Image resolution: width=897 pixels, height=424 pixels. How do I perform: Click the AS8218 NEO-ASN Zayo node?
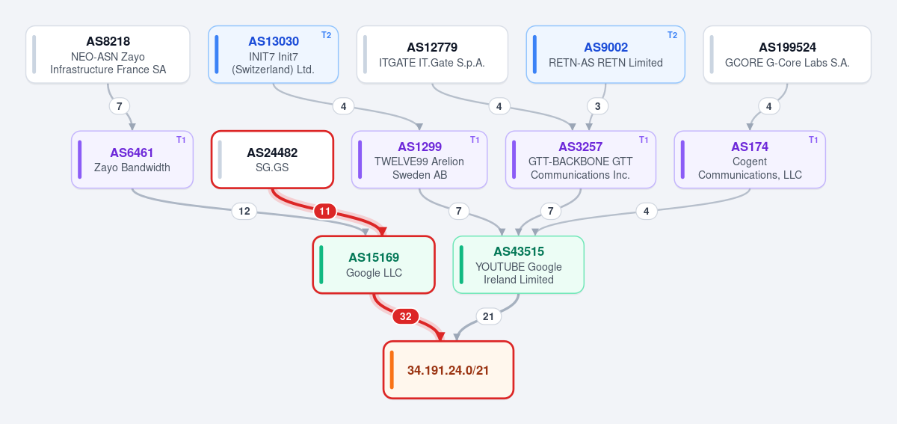click(x=108, y=55)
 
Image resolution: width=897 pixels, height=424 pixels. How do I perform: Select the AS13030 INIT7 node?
click(x=273, y=55)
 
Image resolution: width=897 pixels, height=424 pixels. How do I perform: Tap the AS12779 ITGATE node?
click(x=432, y=55)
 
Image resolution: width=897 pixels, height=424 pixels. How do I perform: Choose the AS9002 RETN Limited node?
click(x=605, y=55)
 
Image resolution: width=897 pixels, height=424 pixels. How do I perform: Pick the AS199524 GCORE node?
click(x=787, y=55)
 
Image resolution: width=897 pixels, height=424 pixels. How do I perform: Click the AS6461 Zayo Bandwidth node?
click(x=132, y=159)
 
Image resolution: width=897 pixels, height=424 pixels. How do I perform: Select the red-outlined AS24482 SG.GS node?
click(x=272, y=159)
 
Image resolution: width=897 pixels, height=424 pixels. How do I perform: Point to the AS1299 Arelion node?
click(x=419, y=159)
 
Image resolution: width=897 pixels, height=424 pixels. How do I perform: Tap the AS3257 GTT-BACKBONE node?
click(x=581, y=159)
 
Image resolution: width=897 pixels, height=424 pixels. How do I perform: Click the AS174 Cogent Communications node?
click(x=750, y=159)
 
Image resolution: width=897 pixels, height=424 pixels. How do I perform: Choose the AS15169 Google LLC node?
click(x=374, y=265)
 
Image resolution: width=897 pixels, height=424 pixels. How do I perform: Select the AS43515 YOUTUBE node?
click(x=519, y=265)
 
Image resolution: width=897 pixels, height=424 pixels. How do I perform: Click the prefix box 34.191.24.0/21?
click(x=449, y=370)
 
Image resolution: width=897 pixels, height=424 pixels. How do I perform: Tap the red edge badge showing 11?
click(x=324, y=211)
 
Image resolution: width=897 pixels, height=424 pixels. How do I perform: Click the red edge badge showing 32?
click(x=406, y=316)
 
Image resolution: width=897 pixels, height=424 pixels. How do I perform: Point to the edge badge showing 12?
click(x=244, y=211)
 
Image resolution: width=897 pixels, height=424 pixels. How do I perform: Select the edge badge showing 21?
click(x=488, y=316)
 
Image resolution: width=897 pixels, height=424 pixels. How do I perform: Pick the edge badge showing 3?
click(x=597, y=106)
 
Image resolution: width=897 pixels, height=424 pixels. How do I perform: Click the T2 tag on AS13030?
click(x=327, y=35)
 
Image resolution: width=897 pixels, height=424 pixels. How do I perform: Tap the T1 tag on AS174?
click(x=813, y=140)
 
